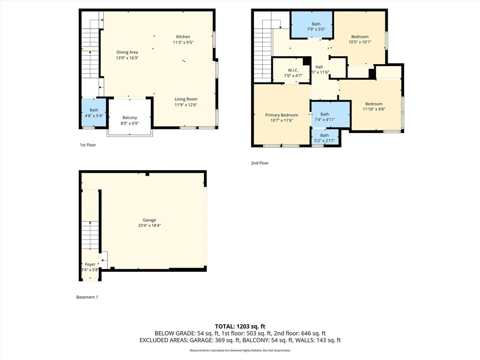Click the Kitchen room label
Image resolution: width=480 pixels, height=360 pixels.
click(x=183, y=37)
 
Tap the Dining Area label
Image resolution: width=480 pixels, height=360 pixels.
click(x=127, y=52)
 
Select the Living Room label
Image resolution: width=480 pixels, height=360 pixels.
click(x=186, y=99)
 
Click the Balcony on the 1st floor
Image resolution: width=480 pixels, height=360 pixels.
click(x=129, y=120)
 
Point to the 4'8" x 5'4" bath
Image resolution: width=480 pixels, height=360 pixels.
click(x=94, y=113)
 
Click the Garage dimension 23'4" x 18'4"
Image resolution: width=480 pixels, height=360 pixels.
click(x=150, y=225)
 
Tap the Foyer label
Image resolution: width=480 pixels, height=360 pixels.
click(x=90, y=264)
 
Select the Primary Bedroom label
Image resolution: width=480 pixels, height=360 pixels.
click(x=281, y=115)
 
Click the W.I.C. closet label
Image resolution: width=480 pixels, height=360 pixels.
click(x=293, y=70)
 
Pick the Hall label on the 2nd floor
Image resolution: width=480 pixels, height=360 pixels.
click(x=319, y=67)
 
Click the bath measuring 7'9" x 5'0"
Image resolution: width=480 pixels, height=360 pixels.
click(x=316, y=27)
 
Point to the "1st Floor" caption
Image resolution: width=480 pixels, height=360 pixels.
click(x=88, y=145)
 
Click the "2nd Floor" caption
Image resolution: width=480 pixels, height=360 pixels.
click(x=260, y=163)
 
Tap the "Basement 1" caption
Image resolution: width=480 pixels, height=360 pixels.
click(x=87, y=297)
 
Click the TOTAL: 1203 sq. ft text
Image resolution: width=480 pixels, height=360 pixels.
click(x=240, y=326)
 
